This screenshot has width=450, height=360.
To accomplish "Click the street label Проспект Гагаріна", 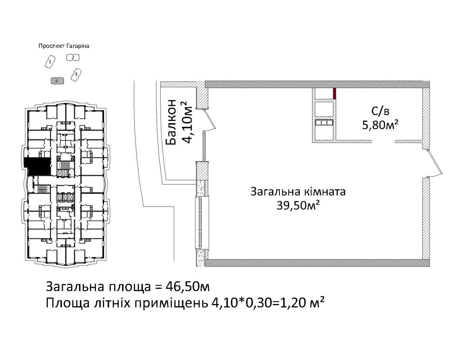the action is pyautogui.click(x=64, y=46).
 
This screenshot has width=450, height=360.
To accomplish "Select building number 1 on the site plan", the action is pyautogui.click(x=50, y=62).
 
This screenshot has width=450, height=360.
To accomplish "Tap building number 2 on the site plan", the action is pyautogui.click(x=73, y=58).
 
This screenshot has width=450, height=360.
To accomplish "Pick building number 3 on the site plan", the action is pyautogui.click(x=76, y=74).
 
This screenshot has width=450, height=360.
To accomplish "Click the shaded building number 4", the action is pyautogui.click(x=57, y=81).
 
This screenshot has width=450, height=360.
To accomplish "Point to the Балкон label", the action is pyautogui.click(x=171, y=122).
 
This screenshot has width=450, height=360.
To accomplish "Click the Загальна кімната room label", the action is pyautogui.click(x=298, y=191).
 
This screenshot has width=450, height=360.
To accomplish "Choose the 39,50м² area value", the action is pyautogui.click(x=298, y=205).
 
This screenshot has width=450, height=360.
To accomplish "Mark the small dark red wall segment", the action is pyautogui.click(x=334, y=93).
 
